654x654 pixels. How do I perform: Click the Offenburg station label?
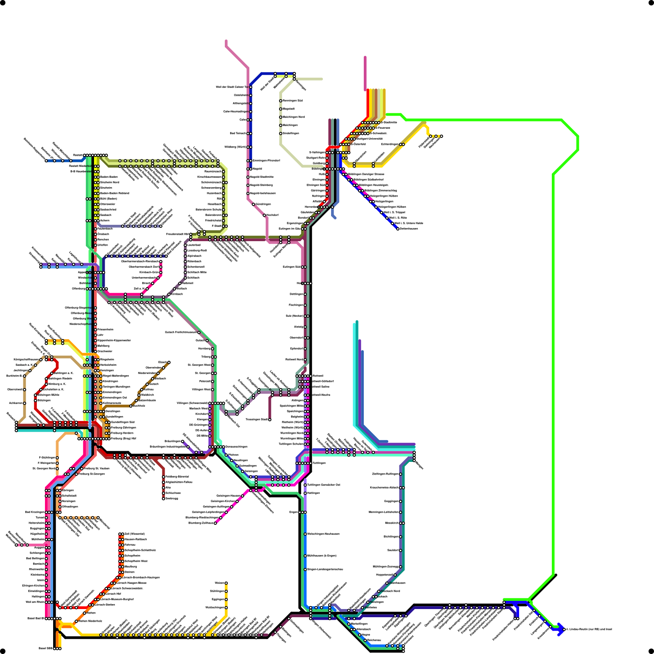(78, 289)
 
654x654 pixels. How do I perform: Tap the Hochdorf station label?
(273, 215)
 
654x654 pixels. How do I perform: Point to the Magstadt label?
(289, 109)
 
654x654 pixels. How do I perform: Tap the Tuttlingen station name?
(319, 463)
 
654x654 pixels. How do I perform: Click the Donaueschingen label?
(236, 447)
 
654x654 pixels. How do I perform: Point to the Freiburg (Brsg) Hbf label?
(123, 439)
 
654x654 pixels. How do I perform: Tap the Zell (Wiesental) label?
(134, 534)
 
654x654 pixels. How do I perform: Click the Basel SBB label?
(45, 648)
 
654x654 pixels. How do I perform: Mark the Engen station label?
(293, 512)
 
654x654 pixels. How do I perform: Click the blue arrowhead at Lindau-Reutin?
(561, 629)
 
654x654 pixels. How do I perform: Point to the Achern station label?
(105, 221)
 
